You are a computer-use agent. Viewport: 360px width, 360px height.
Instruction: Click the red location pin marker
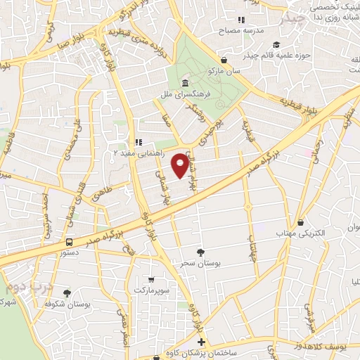(181, 165)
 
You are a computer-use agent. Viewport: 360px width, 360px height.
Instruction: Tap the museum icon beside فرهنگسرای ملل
(174, 84)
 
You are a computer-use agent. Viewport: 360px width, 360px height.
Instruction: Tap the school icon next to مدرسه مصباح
(241, 20)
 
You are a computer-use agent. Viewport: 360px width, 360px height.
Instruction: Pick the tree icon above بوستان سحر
(201, 251)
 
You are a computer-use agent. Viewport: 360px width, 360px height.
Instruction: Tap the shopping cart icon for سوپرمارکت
(151, 279)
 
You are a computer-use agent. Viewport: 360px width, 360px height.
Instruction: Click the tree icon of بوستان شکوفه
(67, 292)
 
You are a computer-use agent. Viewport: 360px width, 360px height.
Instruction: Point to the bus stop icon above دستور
(68, 241)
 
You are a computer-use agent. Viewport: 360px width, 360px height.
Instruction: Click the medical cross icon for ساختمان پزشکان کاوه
(202, 342)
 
